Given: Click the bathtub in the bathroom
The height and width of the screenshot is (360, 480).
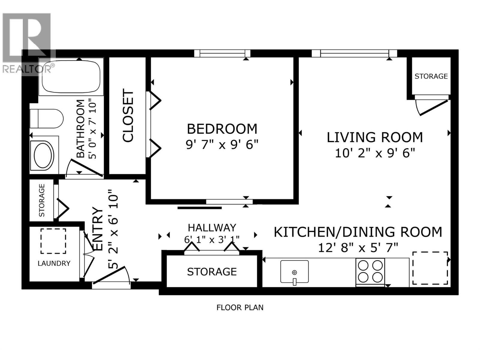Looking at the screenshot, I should point(71,77).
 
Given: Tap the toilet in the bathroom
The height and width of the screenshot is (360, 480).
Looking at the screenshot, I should point(46,119).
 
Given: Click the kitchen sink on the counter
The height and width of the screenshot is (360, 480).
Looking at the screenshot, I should point(294,271).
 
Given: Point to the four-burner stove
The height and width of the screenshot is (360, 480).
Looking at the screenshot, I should point(370,271).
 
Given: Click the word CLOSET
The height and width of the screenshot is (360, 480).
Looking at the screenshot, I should point(128,115).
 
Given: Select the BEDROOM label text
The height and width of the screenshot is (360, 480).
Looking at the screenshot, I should point(222,129).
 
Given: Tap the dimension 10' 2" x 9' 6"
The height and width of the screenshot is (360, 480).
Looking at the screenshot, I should point(375,153).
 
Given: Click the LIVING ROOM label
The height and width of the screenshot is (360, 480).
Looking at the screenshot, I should point(375,137).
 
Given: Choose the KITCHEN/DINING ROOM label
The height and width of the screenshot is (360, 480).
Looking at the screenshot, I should point(358,232).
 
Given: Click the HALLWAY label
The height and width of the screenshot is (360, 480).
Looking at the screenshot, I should point(212,228).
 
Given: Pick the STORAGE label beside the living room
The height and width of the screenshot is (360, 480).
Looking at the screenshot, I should point(431,76).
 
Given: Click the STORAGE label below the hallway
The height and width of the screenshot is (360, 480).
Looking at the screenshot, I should point(212,272).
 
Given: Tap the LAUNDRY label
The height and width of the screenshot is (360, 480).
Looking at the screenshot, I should point(54,263).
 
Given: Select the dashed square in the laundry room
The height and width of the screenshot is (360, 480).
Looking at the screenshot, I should point(53,241).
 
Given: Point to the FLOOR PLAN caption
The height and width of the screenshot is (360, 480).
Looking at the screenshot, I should point(240,307).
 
